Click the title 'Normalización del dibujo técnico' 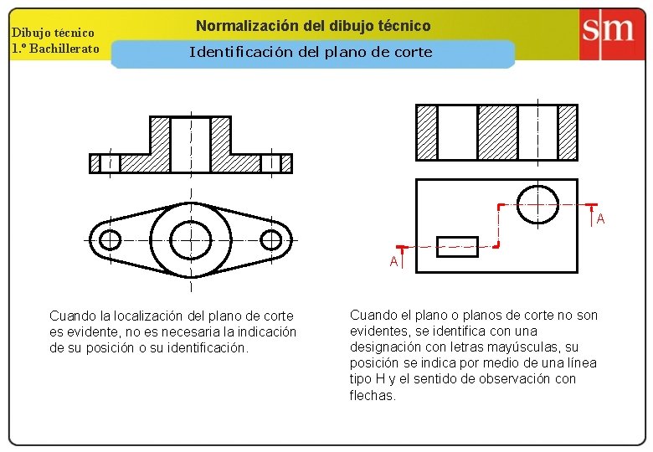pos(313,26)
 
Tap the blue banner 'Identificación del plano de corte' pos(311,53)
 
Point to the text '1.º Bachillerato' pos(55,48)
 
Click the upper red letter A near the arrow pos(600,219)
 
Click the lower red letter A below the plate pos(393,261)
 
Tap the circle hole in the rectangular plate pos(537,204)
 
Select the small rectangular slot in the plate pos(457,246)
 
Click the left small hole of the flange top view pos(110,240)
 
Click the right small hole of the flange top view pos(271,240)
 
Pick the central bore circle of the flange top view pos(191,240)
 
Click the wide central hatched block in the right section pos(497,132)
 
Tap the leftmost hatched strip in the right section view pos(427,132)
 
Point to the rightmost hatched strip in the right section pos(568,132)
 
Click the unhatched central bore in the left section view pos(191,144)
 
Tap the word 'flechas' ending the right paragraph pos(372,395)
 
